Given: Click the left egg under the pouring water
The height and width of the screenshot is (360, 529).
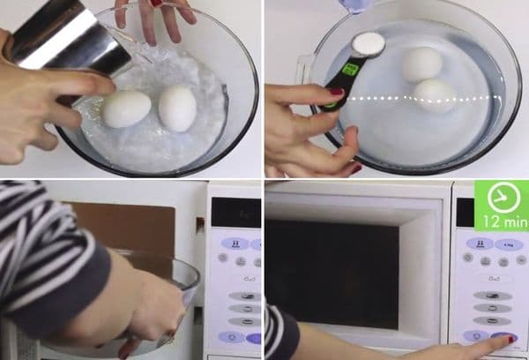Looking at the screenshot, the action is tap(127, 109).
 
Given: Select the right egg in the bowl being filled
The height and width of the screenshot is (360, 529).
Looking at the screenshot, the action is tap(177, 108).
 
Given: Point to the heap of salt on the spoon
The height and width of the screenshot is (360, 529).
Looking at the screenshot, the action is tap(369, 44).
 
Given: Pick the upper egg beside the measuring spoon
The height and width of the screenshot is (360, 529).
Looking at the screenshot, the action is tap(422, 64).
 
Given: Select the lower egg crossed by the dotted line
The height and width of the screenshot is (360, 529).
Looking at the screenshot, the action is tap(434, 96).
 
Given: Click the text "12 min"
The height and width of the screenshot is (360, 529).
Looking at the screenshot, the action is tap(505, 221).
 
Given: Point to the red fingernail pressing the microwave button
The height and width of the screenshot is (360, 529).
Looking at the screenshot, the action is tap(511, 339).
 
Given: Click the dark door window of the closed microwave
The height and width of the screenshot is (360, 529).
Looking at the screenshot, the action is tap(332, 274).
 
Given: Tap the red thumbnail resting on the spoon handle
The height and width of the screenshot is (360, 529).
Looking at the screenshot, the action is tap(336, 91).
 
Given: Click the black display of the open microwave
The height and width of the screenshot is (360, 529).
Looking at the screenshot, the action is tap(235, 213).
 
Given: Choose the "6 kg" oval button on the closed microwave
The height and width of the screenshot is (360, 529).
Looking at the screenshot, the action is tap(509, 244).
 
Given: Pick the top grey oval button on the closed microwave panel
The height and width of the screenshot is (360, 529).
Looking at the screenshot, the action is tap(493, 296).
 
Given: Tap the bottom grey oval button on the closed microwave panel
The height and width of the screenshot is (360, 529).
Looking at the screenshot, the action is tap(493, 321).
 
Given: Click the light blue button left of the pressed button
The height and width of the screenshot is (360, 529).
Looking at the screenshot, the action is tap(476, 336).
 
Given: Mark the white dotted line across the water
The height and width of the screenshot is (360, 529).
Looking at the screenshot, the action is tap(424, 98).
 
